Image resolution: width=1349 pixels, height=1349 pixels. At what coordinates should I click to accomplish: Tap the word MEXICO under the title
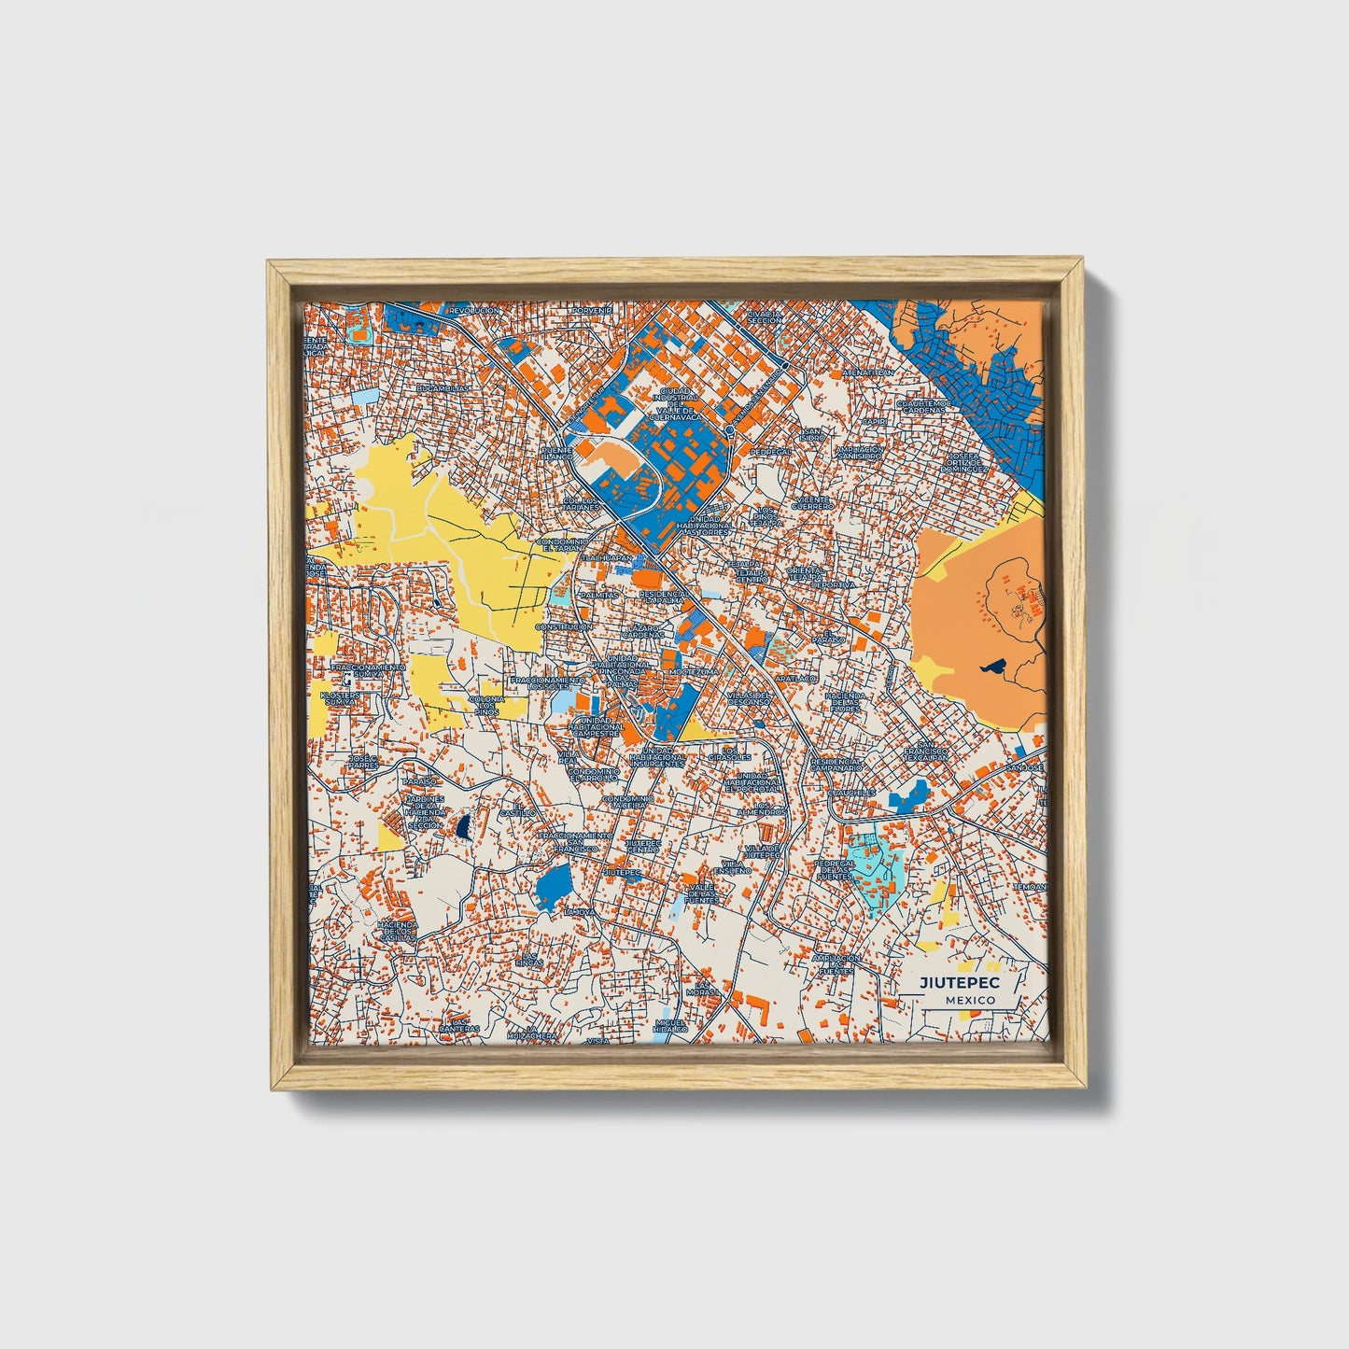click(969, 1000)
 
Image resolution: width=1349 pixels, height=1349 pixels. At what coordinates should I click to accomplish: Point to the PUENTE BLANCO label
click(563, 454)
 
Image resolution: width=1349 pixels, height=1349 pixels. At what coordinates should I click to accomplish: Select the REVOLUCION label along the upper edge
click(474, 310)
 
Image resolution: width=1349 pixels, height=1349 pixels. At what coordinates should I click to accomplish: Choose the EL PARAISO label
click(828, 638)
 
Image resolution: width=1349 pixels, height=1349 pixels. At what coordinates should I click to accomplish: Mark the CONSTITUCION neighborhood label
click(563, 627)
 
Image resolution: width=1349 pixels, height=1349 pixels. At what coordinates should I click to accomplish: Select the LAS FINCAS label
click(530, 959)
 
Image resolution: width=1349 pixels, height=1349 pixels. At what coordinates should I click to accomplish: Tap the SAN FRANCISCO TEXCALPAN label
click(924, 752)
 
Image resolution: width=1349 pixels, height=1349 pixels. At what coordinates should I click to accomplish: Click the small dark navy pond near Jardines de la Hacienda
click(462, 825)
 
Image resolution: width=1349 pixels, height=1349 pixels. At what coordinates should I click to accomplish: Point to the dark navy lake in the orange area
click(991, 667)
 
